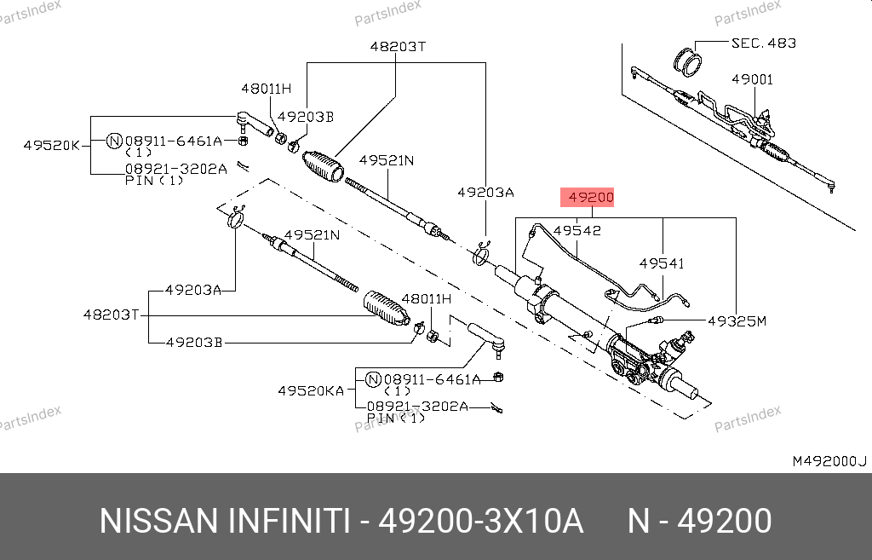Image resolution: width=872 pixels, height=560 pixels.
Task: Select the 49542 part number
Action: tap(577, 230)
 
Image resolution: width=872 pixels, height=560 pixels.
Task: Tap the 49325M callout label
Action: tap(737, 321)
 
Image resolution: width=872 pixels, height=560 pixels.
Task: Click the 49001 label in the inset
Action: tap(752, 79)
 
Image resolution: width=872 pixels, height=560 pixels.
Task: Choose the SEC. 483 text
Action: tap(763, 43)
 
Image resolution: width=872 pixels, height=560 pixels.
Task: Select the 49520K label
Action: tap(51, 146)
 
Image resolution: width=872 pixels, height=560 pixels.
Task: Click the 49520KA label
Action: tap(311, 391)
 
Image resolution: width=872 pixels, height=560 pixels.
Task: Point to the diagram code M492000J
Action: tap(829, 461)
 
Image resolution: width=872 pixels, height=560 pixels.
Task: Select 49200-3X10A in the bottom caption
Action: tap(479, 521)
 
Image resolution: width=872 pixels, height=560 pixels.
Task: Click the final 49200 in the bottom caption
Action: tap(724, 521)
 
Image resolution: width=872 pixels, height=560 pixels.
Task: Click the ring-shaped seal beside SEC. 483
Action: tap(688, 61)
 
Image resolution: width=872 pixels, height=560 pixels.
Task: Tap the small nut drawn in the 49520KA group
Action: tap(499, 378)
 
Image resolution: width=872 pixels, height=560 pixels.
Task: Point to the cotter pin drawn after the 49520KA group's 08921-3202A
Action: tap(496, 408)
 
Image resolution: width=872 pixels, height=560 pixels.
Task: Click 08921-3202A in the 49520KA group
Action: tap(417, 407)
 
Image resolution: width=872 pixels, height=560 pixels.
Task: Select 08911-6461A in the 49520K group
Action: tap(173, 141)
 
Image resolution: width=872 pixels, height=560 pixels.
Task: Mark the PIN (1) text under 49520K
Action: tap(154, 181)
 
